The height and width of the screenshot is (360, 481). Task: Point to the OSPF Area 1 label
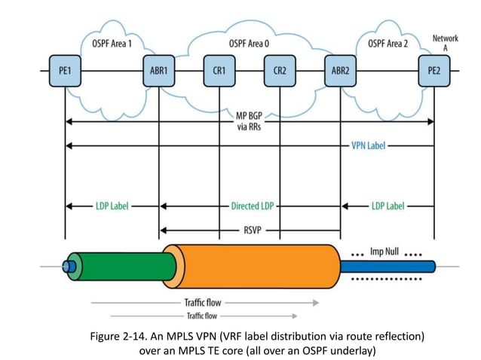coord(111,44)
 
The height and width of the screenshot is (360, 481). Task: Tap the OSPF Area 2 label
coord(388,44)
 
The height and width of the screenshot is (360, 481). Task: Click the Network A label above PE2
coord(445,42)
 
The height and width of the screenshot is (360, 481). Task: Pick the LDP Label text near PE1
coord(111,206)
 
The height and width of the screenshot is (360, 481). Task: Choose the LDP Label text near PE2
coord(387,206)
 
